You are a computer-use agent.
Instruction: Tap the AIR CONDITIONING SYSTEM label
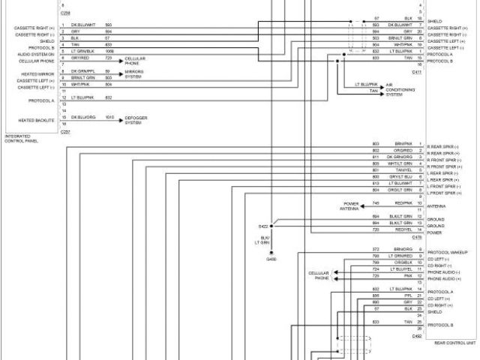[x=398, y=90]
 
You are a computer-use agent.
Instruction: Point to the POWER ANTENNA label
[x=351, y=205]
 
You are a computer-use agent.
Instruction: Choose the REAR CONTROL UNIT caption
[x=455, y=343]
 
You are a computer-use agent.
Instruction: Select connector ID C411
[x=417, y=72]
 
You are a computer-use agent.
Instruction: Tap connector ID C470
[x=417, y=237]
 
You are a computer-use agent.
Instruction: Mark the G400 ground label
[x=271, y=259]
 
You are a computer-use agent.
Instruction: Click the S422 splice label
[x=263, y=224]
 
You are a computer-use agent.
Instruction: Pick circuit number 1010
[x=109, y=118]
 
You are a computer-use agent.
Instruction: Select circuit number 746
[x=376, y=202]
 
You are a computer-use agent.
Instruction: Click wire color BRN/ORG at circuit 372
[x=402, y=248]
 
